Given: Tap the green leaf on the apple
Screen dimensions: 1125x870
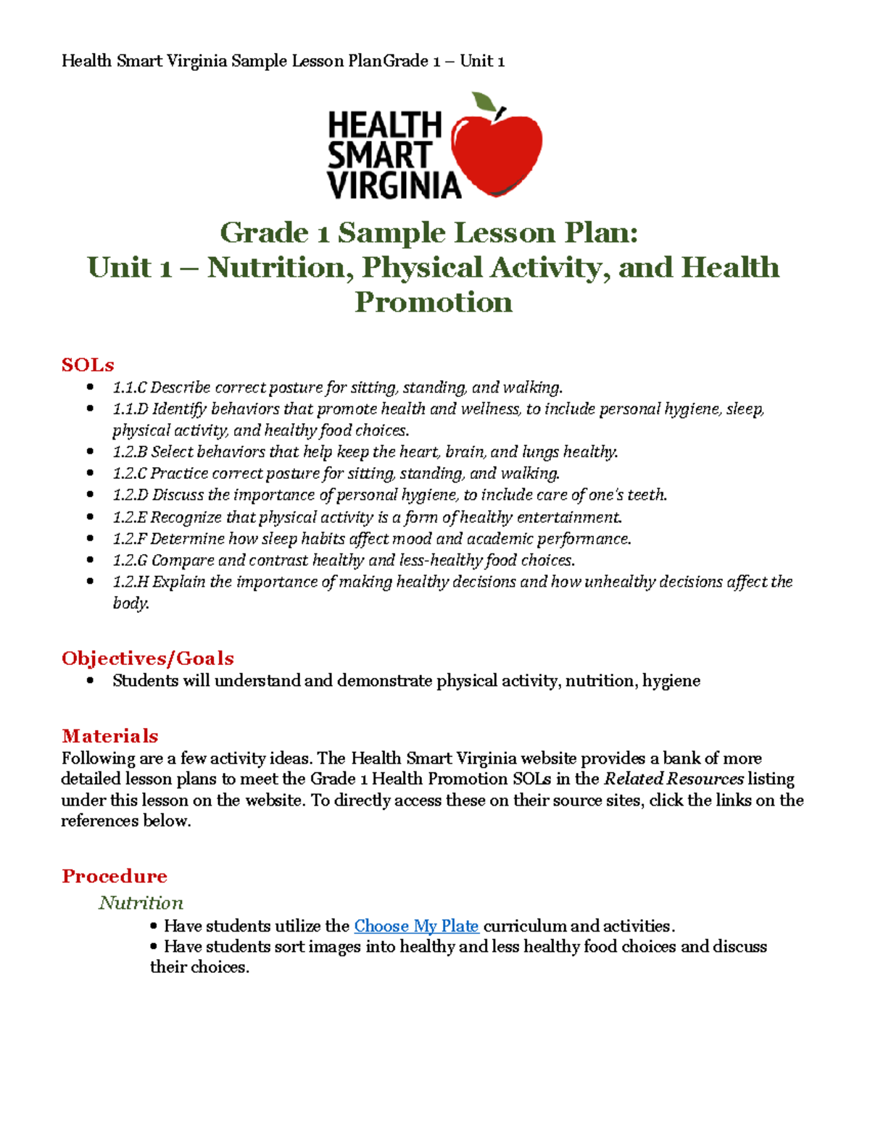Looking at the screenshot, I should [x=484, y=102].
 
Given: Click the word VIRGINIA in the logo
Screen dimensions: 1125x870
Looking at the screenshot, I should [x=394, y=185].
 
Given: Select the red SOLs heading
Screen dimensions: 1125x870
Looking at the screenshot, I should [x=88, y=364].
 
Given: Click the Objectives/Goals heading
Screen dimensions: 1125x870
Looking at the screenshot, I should [x=148, y=658].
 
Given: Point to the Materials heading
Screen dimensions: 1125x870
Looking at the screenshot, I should [x=110, y=736].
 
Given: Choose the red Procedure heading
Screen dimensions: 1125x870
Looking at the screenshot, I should [x=115, y=876].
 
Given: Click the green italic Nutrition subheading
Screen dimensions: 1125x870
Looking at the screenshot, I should [x=141, y=903].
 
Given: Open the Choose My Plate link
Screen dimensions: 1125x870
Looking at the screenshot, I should [x=416, y=926].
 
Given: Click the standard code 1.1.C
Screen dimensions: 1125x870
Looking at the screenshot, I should [x=130, y=388].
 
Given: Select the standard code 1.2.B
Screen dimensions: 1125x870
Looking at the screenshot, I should [x=130, y=452].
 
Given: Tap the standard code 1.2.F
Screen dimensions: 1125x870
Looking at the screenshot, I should [x=130, y=538].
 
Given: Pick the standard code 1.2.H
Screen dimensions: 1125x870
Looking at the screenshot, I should [x=130, y=582].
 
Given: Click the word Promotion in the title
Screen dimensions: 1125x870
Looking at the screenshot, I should [x=434, y=302].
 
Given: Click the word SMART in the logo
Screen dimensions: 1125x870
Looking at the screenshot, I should [x=379, y=155].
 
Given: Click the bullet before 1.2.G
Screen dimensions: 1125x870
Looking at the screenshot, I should [x=90, y=560].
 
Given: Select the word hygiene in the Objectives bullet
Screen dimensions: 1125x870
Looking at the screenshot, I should [x=671, y=680].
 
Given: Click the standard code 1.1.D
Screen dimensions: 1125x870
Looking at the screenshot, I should [x=130, y=409].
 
